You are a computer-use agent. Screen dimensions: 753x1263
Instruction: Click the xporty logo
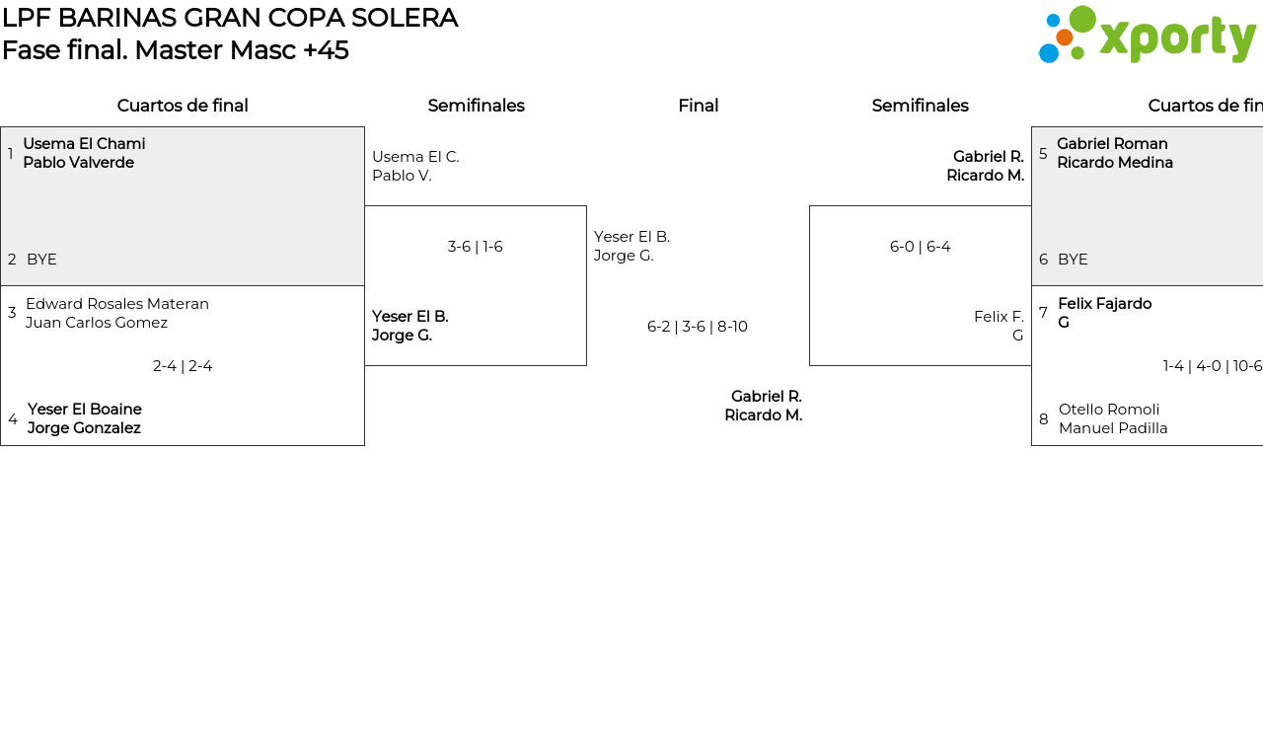(1147, 36)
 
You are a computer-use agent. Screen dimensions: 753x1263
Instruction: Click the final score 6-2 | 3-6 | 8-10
(697, 327)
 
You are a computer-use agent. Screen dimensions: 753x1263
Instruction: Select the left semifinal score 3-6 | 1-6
(475, 247)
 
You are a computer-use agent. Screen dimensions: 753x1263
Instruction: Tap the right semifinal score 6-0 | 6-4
(920, 247)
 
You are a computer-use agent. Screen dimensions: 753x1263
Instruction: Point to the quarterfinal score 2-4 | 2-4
(183, 366)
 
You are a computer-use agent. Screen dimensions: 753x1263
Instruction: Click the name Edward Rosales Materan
(117, 304)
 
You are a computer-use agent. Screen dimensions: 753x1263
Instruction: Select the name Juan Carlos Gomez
(97, 323)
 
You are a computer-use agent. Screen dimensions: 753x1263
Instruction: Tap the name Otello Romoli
(1109, 410)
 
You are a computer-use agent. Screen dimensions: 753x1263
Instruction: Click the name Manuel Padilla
(1113, 428)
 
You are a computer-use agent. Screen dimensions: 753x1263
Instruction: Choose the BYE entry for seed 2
(41, 260)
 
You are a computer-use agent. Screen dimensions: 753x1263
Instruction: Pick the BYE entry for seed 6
(1073, 260)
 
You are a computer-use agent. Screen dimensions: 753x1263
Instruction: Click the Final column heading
(698, 106)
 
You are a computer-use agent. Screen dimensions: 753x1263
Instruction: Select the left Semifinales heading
(476, 106)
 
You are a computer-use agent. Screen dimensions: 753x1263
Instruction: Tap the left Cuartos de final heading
(183, 106)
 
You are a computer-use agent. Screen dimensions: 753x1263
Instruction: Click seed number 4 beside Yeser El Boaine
(13, 419)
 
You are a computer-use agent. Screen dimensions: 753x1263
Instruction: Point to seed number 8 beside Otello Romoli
(1044, 419)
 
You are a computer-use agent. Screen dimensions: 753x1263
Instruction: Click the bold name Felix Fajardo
(1104, 304)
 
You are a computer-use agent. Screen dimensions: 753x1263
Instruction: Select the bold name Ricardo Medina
(1115, 163)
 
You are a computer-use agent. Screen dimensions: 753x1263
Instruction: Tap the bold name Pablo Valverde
(79, 163)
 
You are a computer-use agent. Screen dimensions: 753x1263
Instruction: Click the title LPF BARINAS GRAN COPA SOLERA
(230, 18)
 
